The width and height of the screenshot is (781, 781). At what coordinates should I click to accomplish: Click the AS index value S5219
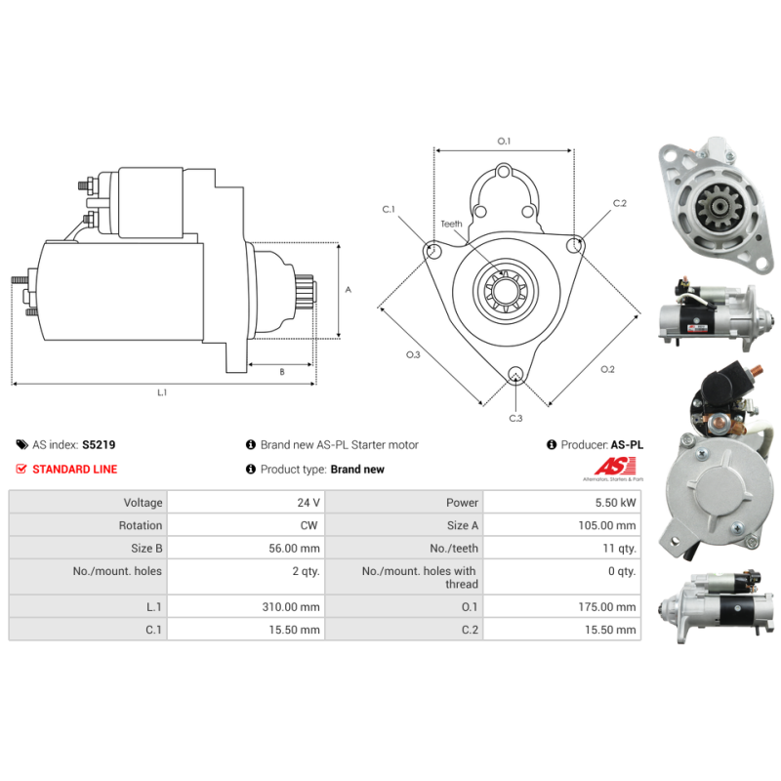(99, 445)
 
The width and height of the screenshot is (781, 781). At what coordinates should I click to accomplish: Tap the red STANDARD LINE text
(75, 470)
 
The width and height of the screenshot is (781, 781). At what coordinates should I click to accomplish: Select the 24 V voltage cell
(308, 503)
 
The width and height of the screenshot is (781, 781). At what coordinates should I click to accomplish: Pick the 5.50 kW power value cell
(615, 503)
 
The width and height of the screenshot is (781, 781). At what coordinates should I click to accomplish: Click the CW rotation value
(308, 525)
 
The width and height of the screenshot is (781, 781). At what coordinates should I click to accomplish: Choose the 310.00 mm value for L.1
(291, 607)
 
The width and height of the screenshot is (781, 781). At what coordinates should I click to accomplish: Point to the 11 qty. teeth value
(619, 549)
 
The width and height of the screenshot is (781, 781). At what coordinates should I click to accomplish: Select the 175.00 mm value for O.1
(607, 607)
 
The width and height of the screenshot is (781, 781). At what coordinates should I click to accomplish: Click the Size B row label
(146, 549)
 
